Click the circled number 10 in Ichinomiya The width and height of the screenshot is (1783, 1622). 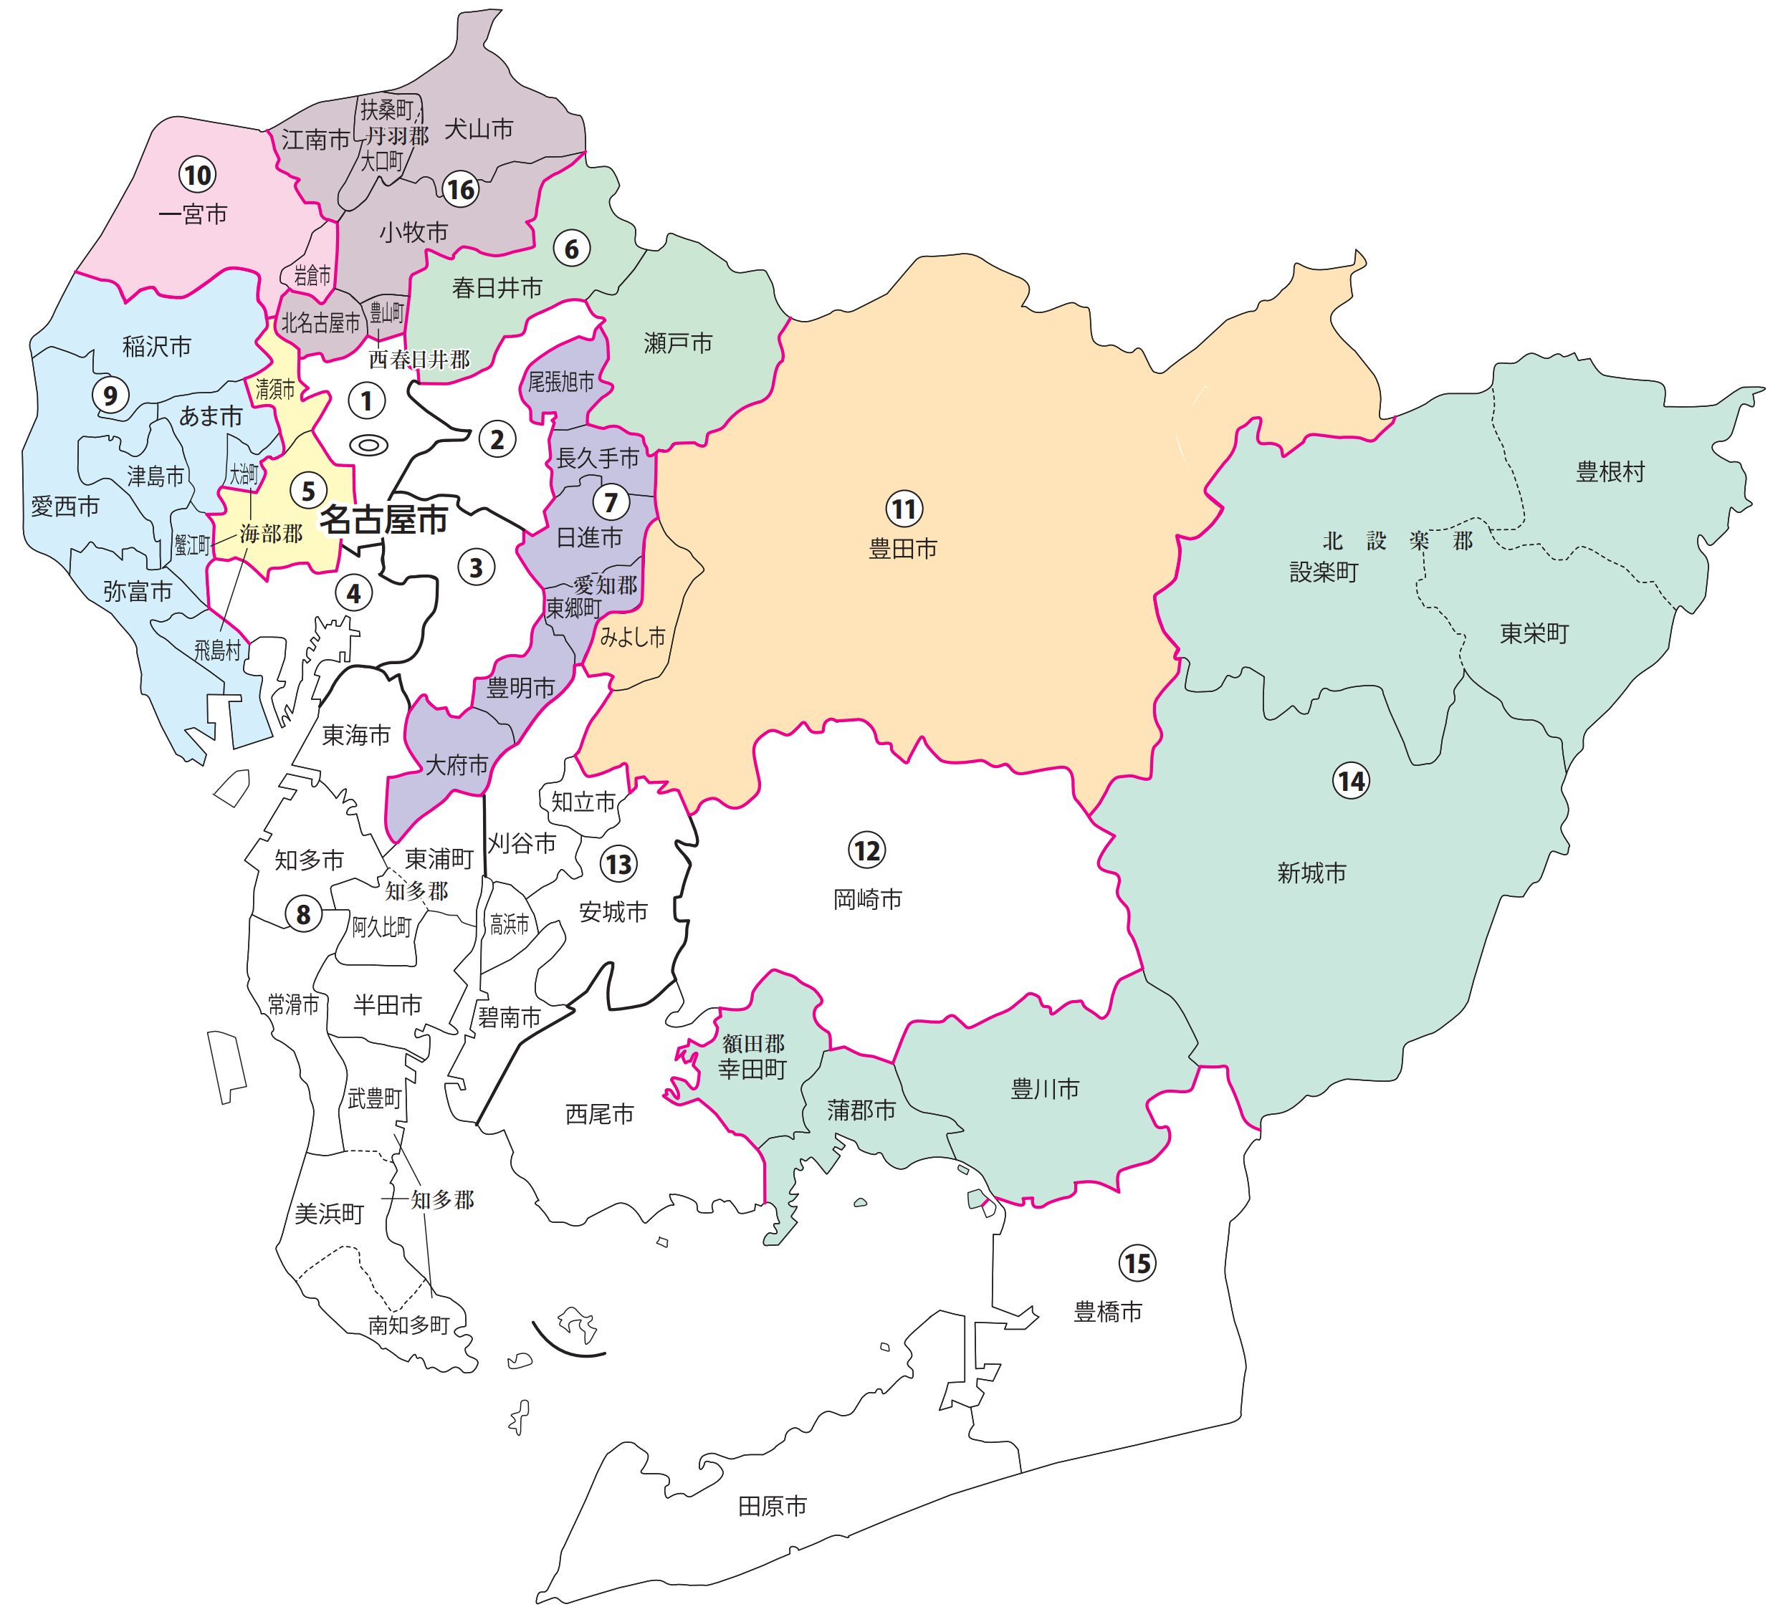tap(197, 174)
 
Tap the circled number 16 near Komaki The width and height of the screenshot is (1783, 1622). tap(461, 188)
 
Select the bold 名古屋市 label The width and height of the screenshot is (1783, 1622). tap(383, 520)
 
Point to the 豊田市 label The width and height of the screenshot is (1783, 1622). tap(902, 550)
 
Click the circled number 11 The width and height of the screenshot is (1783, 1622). tap(904, 509)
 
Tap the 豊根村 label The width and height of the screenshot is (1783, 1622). tap(1610, 471)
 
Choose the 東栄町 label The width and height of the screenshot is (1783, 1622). tap(1534, 633)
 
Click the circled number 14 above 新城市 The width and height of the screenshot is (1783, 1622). tap(1351, 781)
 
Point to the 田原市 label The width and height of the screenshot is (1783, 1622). tap(772, 1505)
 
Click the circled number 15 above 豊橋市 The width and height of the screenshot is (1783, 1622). tap(1137, 1263)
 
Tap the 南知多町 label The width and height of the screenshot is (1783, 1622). tap(408, 1325)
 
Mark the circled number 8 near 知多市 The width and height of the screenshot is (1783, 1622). tap(303, 913)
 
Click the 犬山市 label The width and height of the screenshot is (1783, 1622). tap(479, 129)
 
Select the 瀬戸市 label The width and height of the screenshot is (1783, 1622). tap(677, 343)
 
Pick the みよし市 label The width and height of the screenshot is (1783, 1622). tap(631, 637)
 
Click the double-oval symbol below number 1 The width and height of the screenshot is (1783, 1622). tap(369, 445)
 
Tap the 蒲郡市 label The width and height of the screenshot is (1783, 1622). tap(861, 1110)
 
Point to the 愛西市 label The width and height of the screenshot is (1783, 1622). tap(65, 507)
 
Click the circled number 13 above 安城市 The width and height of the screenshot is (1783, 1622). tap(618, 864)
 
